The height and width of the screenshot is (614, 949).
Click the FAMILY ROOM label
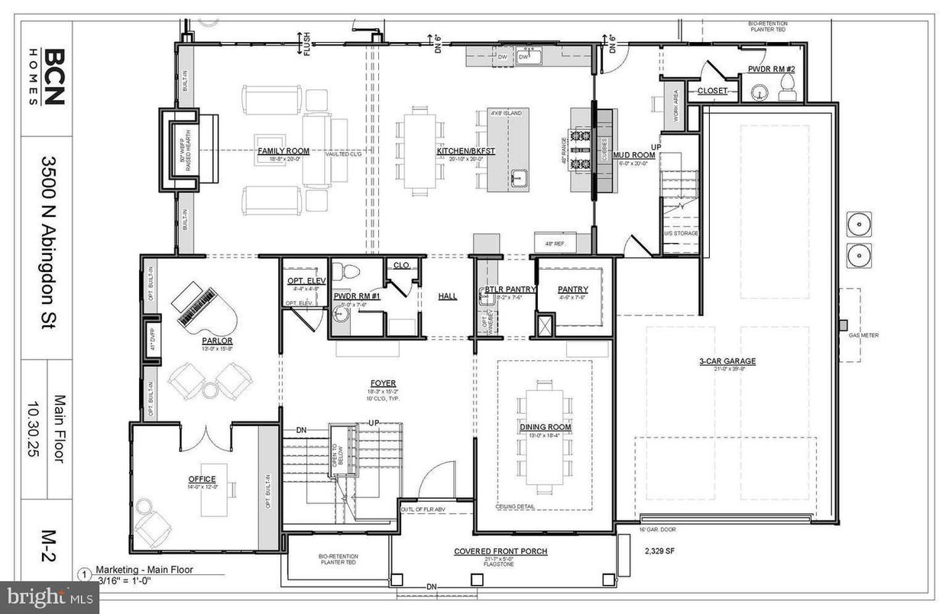point(277,151)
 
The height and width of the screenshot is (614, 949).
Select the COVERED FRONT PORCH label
point(500,551)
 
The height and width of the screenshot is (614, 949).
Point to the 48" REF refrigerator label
point(554,244)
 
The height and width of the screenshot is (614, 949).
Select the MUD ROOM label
point(633,154)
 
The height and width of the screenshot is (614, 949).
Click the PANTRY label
point(573,289)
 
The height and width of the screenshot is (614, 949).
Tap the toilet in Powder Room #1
point(350,271)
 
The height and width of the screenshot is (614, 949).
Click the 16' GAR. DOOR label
point(656,528)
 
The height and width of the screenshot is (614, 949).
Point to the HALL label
point(448,296)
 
